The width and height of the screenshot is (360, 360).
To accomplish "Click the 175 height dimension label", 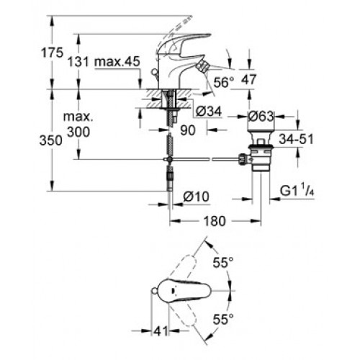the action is (53, 53).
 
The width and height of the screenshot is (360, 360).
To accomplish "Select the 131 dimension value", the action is (78, 62).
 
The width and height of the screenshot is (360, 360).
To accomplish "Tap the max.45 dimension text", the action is (117, 62).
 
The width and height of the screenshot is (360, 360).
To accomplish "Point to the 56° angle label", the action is (223, 82).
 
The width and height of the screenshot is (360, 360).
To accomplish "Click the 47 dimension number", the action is (248, 79).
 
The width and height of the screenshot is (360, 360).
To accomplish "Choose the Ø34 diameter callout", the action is (209, 112).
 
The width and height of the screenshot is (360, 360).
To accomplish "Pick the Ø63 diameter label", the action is (261, 117).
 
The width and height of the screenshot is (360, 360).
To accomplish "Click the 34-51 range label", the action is (296, 139).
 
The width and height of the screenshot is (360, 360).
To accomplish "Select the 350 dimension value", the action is (51, 140).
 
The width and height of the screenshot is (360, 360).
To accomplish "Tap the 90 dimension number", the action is (188, 130).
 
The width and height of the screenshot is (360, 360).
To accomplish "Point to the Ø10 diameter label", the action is (196, 197).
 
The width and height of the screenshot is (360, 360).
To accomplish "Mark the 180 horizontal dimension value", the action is (215, 221).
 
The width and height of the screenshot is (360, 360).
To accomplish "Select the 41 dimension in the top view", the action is (161, 331).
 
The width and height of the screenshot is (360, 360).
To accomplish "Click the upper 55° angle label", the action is (223, 262).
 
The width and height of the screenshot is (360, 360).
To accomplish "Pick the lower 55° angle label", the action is (223, 320).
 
